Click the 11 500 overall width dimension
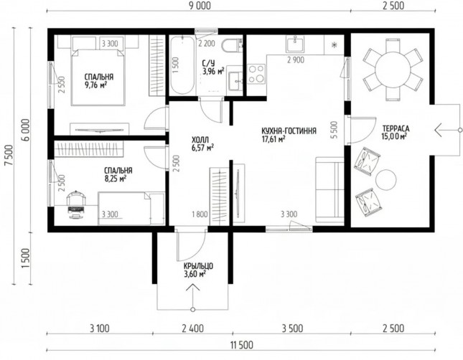pyautogui.click(x=241, y=345)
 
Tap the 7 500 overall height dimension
pyautogui.click(x=9, y=155)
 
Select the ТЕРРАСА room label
pyautogui.click(x=396, y=128)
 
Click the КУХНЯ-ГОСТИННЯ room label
pyautogui.click(x=289, y=131)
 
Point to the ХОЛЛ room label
pyautogui.click(x=200, y=139)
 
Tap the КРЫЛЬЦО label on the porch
pyautogui.click(x=198, y=266)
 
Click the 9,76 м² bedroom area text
pyautogui.click(x=95, y=85)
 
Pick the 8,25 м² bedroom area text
pyautogui.click(x=116, y=179)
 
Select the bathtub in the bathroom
pyautogui.click(x=182, y=65)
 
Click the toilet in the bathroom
pyautogui.click(x=232, y=45)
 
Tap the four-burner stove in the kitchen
pyautogui.click(x=256, y=74)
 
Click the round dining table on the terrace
pyautogui.click(x=393, y=70)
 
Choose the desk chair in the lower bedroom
pyautogui.click(x=76, y=204)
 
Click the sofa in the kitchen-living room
pyautogui.click(x=329, y=190)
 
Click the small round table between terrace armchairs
pyautogui.click(x=385, y=180)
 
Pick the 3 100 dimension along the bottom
pyautogui.click(x=100, y=328)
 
